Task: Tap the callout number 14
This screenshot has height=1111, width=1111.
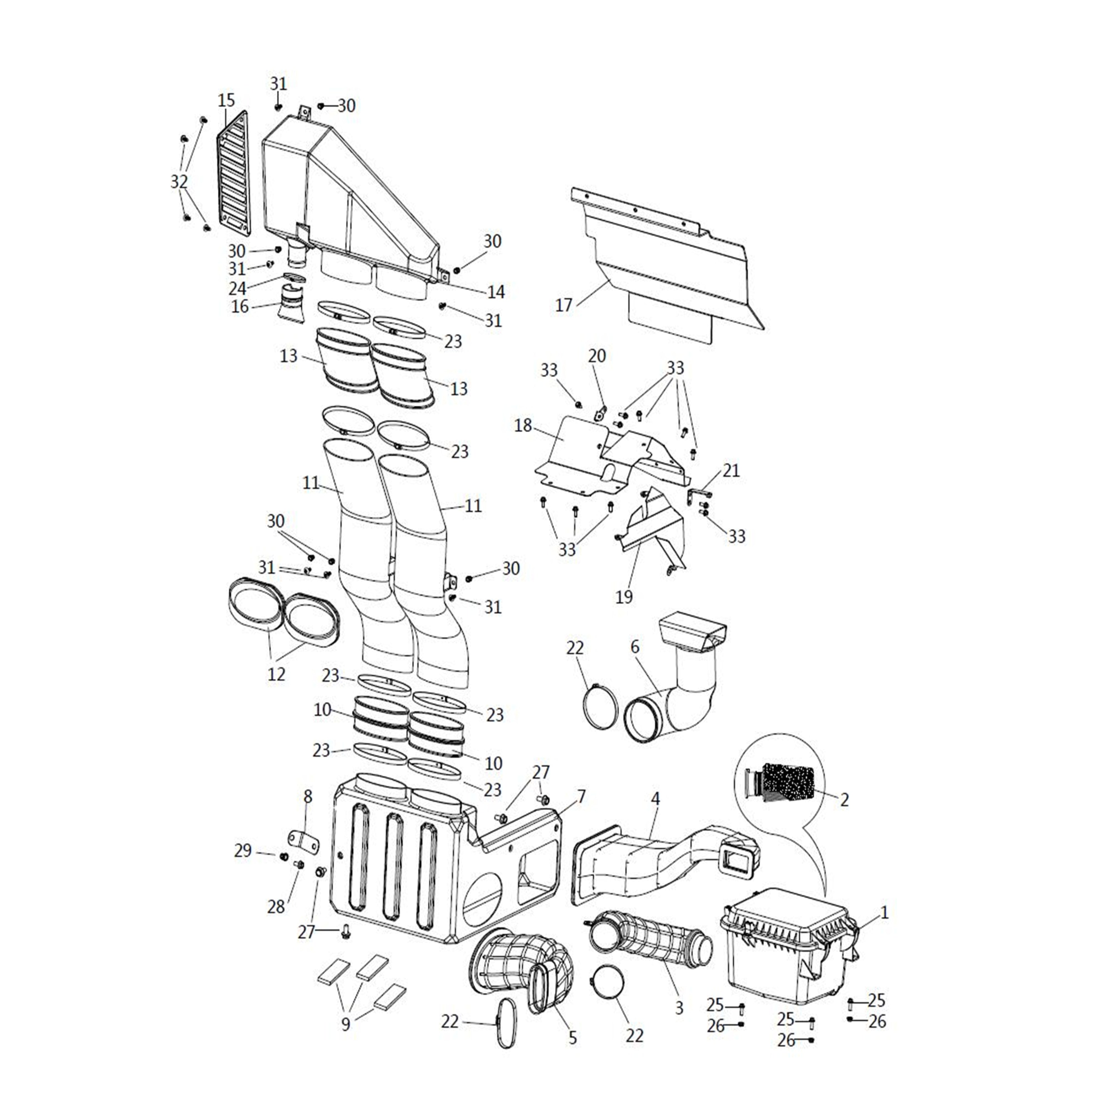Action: click(x=496, y=292)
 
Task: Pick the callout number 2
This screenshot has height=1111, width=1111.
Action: click(x=844, y=799)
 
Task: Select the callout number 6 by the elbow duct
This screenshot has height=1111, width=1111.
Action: click(x=635, y=647)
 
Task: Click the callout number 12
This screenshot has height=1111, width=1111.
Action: click(x=276, y=674)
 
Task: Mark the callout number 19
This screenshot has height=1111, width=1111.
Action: click(x=624, y=597)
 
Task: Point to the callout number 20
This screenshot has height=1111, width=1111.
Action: click(x=597, y=356)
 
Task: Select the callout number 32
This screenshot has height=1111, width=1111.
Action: click(x=179, y=182)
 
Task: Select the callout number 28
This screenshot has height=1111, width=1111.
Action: click(x=276, y=907)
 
